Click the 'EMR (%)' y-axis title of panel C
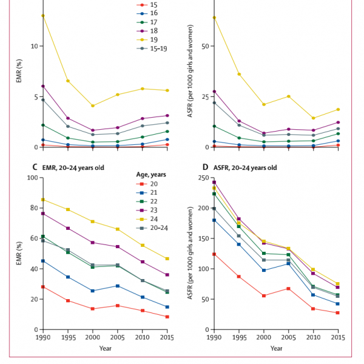[x=18, y=253]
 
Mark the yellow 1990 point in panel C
[x=43, y=200]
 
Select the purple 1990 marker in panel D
[x=213, y=182]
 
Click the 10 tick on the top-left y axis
[x=35, y=46]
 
